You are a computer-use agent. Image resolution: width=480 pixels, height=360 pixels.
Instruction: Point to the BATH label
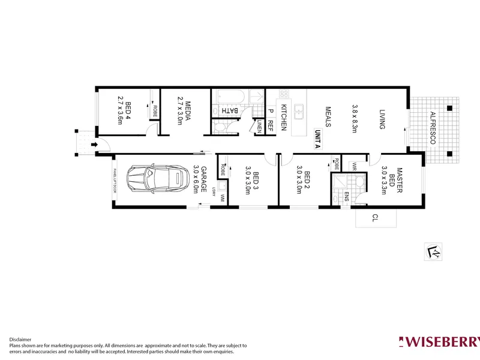tap(230, 111)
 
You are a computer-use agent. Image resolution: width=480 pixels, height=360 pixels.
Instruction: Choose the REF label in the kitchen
tap(271, 125)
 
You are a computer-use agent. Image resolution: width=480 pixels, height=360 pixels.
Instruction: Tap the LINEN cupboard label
tap(259, 127)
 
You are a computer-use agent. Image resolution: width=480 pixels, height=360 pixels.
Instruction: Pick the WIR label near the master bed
tap(354, 164)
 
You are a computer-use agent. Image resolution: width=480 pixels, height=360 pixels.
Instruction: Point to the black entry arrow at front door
tap(94, 145)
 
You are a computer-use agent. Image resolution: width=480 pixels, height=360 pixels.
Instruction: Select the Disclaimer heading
tap(20, 339)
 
